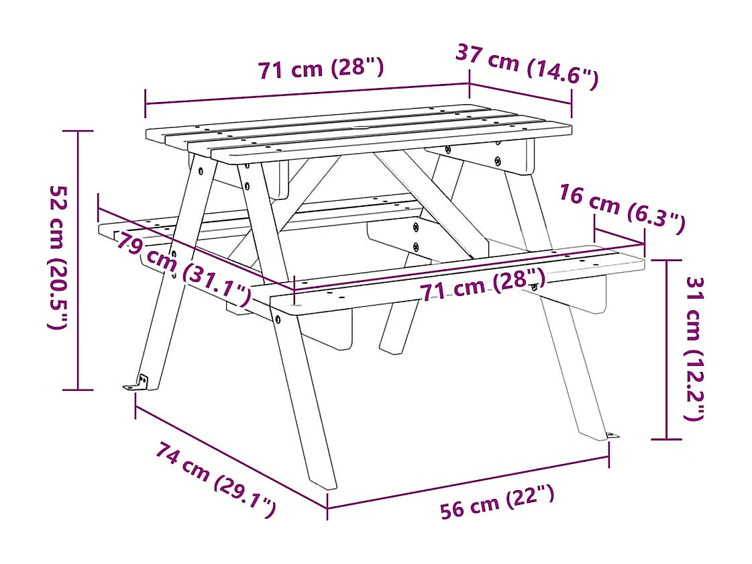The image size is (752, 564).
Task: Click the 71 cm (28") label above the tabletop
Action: pyautogui.click(x=321, y=68)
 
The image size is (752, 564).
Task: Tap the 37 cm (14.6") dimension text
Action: pyautogui.click(x=527, y=66)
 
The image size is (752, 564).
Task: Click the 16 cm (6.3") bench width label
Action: pyautogui.click(x=622, y=209)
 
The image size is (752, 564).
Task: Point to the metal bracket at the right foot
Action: pyautogui.click(x=611, y=436)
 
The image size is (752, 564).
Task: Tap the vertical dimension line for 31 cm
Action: pyautogui.click(x=666, y=349)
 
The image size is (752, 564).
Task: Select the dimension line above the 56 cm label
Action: pyautogui.click(x=468, y=481)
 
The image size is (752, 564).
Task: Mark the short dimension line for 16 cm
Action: pyautogui.click(x=619, y=237)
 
